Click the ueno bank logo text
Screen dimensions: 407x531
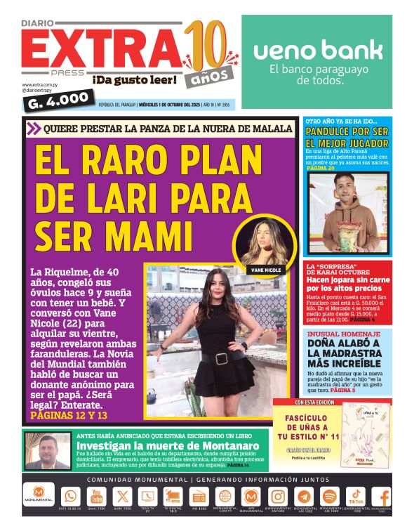(317, 50)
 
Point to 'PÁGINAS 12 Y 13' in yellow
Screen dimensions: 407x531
(69, 416)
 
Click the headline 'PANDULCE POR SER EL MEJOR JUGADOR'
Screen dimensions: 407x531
(347, 137)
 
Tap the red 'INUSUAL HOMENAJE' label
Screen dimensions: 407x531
(343, 333)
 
